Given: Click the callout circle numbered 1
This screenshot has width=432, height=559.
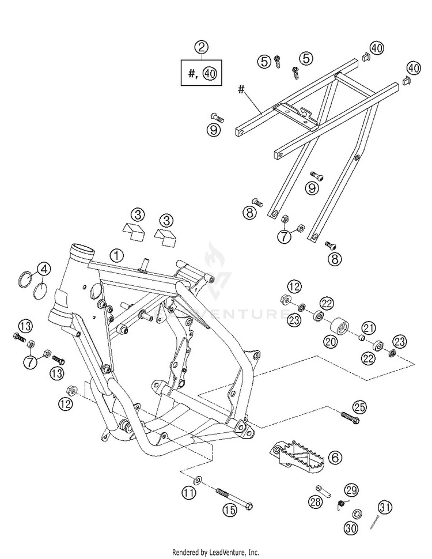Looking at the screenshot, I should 117,254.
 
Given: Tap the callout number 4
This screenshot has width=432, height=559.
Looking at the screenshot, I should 45,269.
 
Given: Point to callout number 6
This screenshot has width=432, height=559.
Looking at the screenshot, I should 335,458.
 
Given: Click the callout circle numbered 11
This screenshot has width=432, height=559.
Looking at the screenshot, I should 188,493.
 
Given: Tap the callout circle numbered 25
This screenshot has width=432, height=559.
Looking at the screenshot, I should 360,407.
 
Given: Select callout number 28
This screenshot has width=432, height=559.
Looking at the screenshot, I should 316,503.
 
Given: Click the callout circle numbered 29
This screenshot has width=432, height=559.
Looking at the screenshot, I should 351,490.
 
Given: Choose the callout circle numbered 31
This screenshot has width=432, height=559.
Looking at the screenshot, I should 385,508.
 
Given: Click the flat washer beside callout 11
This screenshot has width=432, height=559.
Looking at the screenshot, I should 198,478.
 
